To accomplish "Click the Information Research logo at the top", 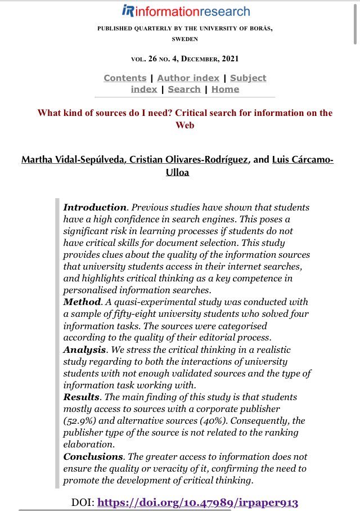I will [185, 11].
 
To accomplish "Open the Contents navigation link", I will [125, 78].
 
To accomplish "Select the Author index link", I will [188, 78].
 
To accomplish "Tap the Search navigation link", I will [184, 89].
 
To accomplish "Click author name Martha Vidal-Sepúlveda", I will [73, 160].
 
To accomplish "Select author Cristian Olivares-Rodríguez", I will [189, 160].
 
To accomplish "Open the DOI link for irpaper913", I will [197, 503].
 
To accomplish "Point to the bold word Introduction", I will [94, 207].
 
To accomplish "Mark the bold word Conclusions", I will [93, 456].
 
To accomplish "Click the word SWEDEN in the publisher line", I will [185, 39].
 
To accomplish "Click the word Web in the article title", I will [185, 125].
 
